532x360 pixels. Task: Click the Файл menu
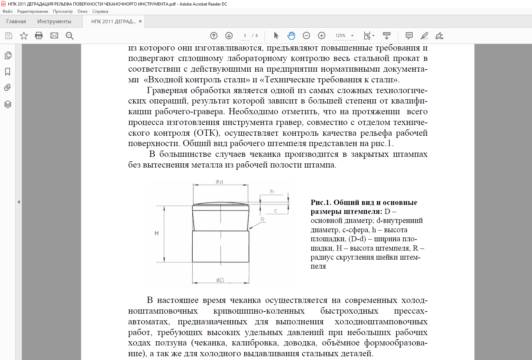click(x=7, y=11)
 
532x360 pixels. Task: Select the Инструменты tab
click(x=54, y=21)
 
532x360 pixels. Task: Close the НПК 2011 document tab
click(x=140, y=21)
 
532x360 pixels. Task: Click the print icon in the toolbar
click(x=39, y=36)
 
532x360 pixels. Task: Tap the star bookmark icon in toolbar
click(x=24, y=36)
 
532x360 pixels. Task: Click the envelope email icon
click(x=54, y=36)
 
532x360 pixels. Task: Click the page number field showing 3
click(x=245, y=36)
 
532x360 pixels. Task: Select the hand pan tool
click(x=291, y=36)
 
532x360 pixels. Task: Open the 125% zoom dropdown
click(x=352, y=36)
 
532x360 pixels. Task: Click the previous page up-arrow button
click(x=214, y=36)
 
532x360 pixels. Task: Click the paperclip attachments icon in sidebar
click(x=8, y=88)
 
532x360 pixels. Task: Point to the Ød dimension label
click(x=219, y=182)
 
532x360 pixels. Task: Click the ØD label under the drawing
click(x=220, y=280)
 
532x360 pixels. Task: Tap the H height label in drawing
click(x=157, y=233)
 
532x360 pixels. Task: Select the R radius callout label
click(x=263, y=219)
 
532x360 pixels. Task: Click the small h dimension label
click(x=272, y=191)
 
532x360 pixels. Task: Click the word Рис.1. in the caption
click(x=321, y=202)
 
